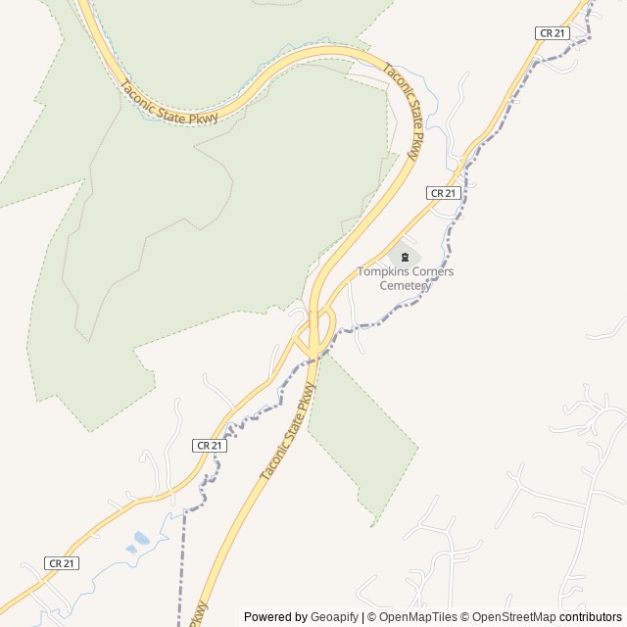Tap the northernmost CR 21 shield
(x=553, y=33)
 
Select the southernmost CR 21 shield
(x=62, y=563)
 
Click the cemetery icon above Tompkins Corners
(x=405, y=257)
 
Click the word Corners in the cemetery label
(x=434, y=271)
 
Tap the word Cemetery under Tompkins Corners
(x=405, y=285)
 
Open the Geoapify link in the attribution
(x=334, y=617)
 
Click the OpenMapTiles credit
(x=416, y=617)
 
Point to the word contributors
(x=591, y=617)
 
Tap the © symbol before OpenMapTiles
(x=371, y=617)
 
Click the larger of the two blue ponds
(x=142, y=537)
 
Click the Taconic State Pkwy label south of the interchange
(x=290, y=431)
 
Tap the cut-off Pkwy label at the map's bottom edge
(x=198, y=614)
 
